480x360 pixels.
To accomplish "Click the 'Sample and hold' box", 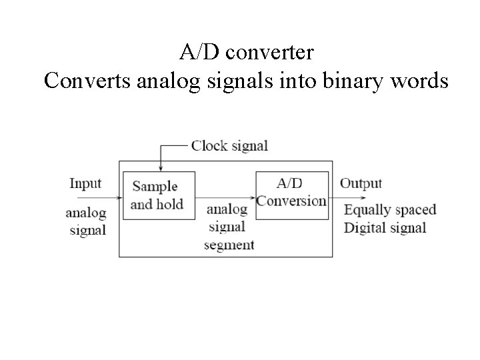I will pos(159,195).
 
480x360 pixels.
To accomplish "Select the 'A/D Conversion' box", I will pos(292,195).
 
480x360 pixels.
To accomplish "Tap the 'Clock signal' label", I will pos(229,145).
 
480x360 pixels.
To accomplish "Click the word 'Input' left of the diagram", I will pos(85,183).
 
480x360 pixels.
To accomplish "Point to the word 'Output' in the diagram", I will pos(361,183).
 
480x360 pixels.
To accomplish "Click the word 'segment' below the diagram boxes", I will pos(229,245).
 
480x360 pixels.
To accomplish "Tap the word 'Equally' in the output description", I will pos(367,210).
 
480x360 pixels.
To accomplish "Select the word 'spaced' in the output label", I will pos(415,210).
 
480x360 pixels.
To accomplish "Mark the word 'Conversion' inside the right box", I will pos(292,201).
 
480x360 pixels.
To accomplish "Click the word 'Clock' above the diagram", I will pos(209,145).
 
